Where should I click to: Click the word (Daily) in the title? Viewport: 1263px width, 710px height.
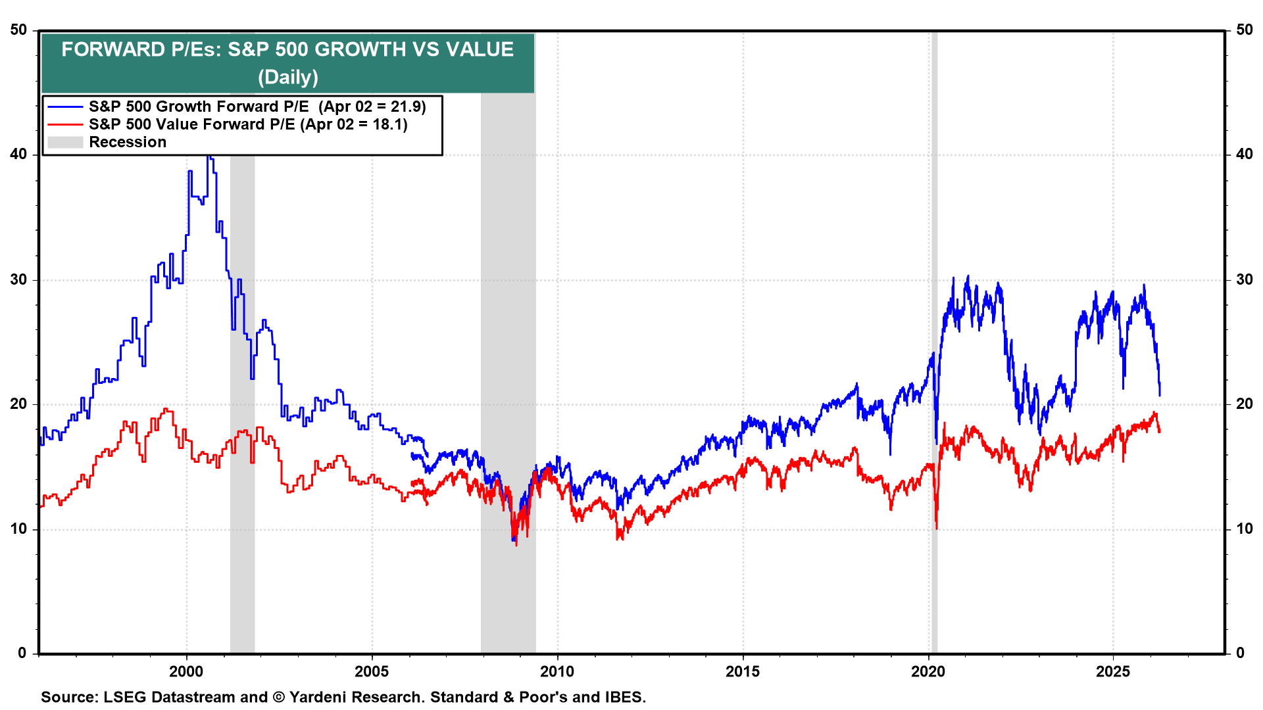coord(287,78)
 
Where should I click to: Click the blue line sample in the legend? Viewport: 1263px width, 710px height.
coord(65,107)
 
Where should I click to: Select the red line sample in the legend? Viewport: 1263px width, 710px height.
coord(65,125)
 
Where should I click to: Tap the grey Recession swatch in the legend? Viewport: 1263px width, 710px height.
coord(65,143)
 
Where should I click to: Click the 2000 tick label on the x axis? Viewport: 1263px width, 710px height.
coord(186,672)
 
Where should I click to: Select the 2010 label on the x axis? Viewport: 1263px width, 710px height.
coord(557,672)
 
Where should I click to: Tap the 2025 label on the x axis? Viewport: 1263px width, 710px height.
coord(1113,672)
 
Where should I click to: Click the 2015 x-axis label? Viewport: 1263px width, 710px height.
coord(743,672)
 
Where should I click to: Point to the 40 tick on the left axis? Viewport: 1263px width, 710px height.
coord(18,154)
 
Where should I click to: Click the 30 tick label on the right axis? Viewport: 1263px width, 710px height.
coord(1244,279)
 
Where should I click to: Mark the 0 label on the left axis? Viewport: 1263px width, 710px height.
coord(22,653)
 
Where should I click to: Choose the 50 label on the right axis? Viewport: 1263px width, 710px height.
coord(1244,30)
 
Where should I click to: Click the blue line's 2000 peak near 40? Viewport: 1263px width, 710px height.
coord(209,158)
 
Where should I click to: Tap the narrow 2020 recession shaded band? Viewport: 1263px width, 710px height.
coord(934,394)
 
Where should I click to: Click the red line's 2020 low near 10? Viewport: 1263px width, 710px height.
coord(936,527)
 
